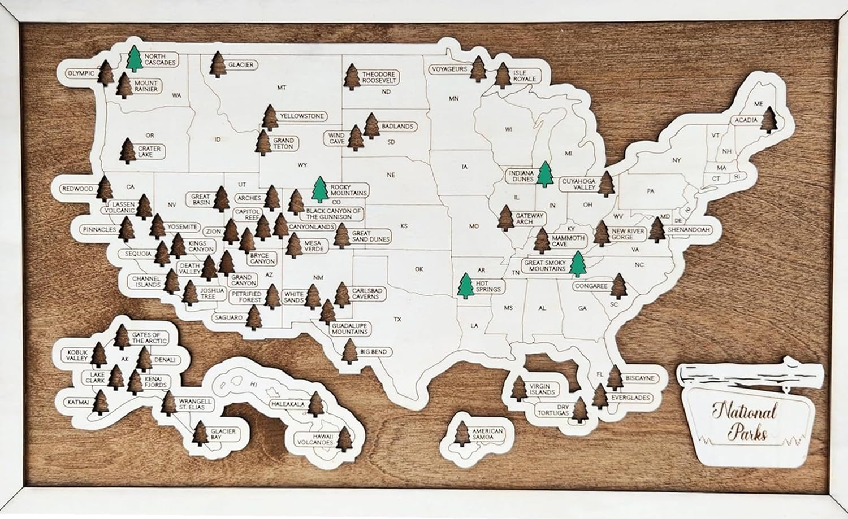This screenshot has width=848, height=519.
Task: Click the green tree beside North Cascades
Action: (x=134, y=59)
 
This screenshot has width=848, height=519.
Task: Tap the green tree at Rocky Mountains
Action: (x=320, y=190)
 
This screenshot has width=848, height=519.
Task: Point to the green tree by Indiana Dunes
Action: (x=544, y=174)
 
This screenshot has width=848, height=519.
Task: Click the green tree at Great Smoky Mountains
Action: (x=577, y=264)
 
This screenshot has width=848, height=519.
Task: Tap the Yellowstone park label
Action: (x=302, y=116)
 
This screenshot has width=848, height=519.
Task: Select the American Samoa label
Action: (x=487, y=434)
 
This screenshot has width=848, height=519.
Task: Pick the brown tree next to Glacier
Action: (x=218, y=64)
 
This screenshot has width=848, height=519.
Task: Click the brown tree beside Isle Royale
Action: (x=503, y=75)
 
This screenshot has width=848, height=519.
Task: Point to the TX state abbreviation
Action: (x=397, y=320)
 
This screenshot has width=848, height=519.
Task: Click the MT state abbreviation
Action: (x=282, y=88)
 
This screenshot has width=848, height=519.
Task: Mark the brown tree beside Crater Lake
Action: (x=128, y=151)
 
